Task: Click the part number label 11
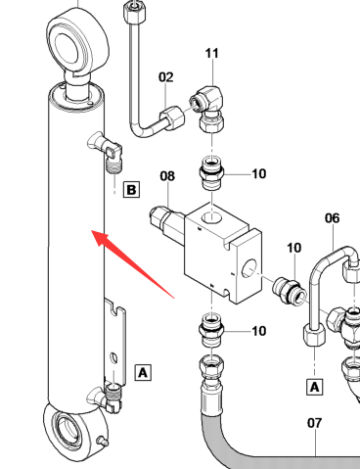click(x=212, y=53)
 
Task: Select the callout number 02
click(x=166, y=77)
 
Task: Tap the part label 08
click(x=167, y=176)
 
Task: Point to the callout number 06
click(x=333, y=218)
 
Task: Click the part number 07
click(x=315, y=423)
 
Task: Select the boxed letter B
click(x=131, y=190)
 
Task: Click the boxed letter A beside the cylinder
click(x=143, y=372)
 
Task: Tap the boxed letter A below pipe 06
click(x=315, y=387)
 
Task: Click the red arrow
click(x=133, y=264)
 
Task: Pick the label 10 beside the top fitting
click(x=259, y=174)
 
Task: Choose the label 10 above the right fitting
click(x=293, y=248)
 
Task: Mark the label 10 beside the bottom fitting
click(x=259, y=331)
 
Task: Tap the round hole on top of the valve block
click(x=211, y=217)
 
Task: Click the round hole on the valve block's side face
click(x=248, y=268)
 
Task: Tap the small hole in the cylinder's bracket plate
click(x=113, y=357)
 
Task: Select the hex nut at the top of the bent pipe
click(x=134, y=10)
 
